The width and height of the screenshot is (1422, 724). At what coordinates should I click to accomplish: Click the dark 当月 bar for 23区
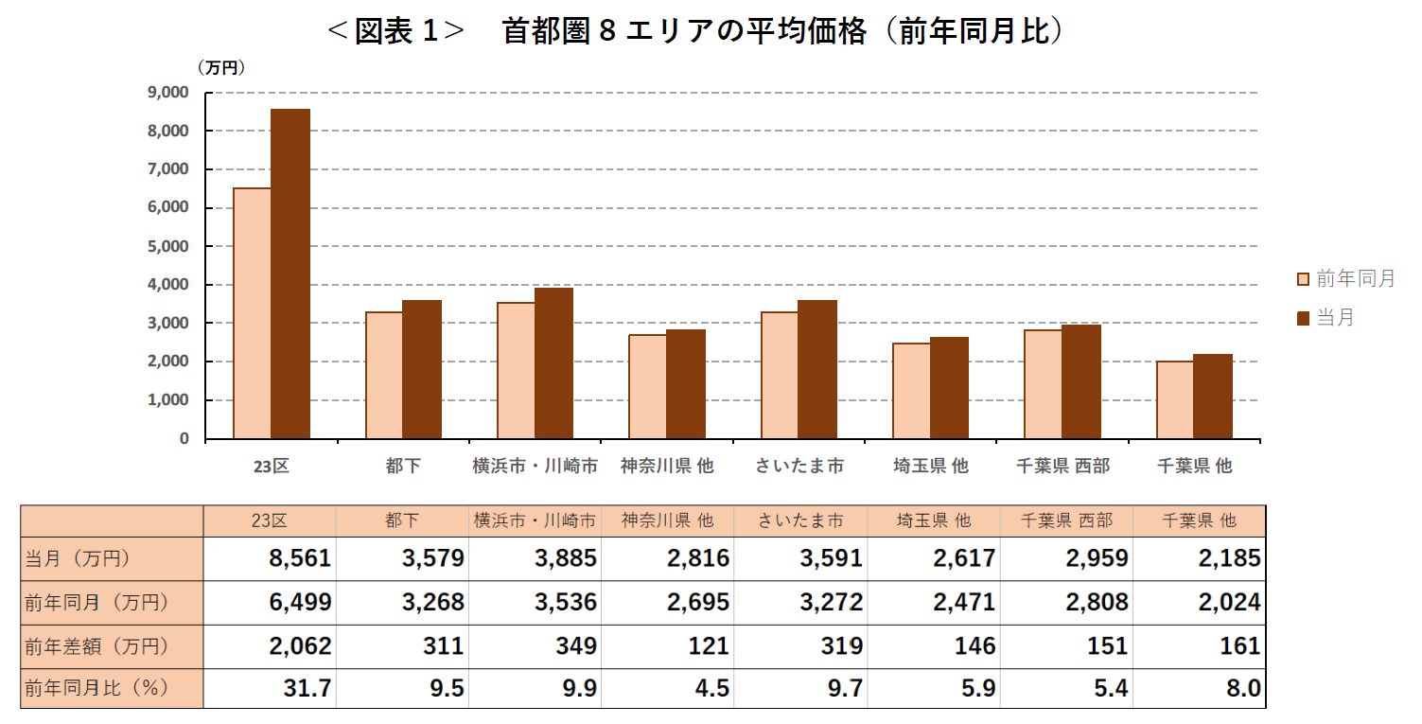pos(290,274)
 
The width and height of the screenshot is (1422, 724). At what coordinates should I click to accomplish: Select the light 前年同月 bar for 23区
pos(253,313)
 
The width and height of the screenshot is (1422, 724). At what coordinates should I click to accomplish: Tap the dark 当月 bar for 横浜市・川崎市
pos(553,363)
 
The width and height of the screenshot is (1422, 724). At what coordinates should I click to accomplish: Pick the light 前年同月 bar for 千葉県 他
pos(1174,400)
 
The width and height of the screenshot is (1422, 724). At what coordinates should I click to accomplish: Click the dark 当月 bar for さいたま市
pos(816,369)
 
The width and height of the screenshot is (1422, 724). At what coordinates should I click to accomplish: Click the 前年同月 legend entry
pos(1344,279)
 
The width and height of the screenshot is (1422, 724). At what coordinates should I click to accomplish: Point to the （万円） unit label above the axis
pos(221,68)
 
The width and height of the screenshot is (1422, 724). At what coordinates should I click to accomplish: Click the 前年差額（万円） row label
pos(97,646)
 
